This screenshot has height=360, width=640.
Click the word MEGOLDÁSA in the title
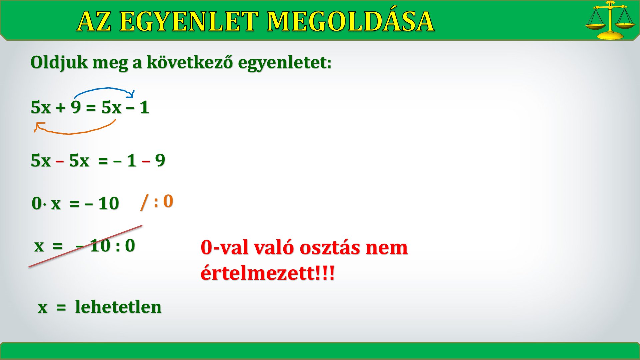coord(350,21)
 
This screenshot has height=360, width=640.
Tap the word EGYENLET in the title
coord(189,22)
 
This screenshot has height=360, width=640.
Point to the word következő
coord(190,62)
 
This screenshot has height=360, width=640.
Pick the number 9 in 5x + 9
coord(76,107)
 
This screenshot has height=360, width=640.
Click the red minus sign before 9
coord(146,161)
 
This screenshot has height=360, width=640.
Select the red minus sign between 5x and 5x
coord(60,161)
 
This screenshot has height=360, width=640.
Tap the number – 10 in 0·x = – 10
coord(102,203)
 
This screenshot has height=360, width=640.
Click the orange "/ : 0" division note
coord(157,202)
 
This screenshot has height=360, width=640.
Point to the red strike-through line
coord(85,246)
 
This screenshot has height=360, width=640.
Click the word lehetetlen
coord(118,307)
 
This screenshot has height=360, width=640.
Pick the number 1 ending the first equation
coord(144,107)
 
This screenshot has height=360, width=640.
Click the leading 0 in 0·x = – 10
coord(36,203)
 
